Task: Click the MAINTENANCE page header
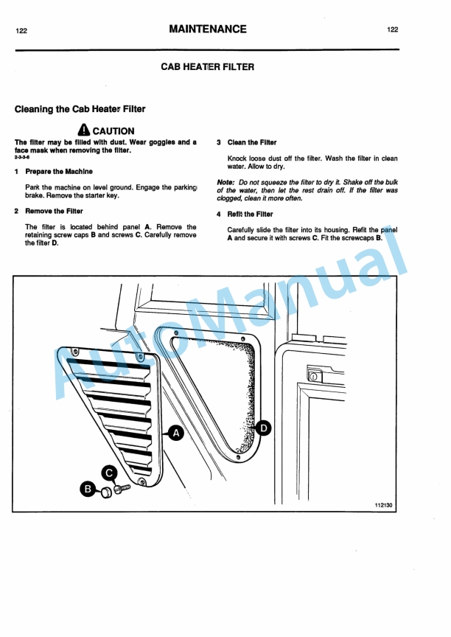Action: point(207,29)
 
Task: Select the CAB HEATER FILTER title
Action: point(207,67)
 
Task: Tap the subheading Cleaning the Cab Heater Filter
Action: point(80,109)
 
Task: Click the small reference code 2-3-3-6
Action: point(23,159)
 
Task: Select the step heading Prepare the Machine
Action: point(59,171)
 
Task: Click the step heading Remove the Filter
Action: point(54,211)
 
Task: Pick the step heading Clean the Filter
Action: point(252,142)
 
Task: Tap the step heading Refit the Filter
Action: point(250,215)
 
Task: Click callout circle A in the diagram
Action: point(176,434)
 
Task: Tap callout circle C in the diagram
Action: point(109,473)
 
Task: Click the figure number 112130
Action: point(384,505)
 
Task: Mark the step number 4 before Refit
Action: point(219,215)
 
